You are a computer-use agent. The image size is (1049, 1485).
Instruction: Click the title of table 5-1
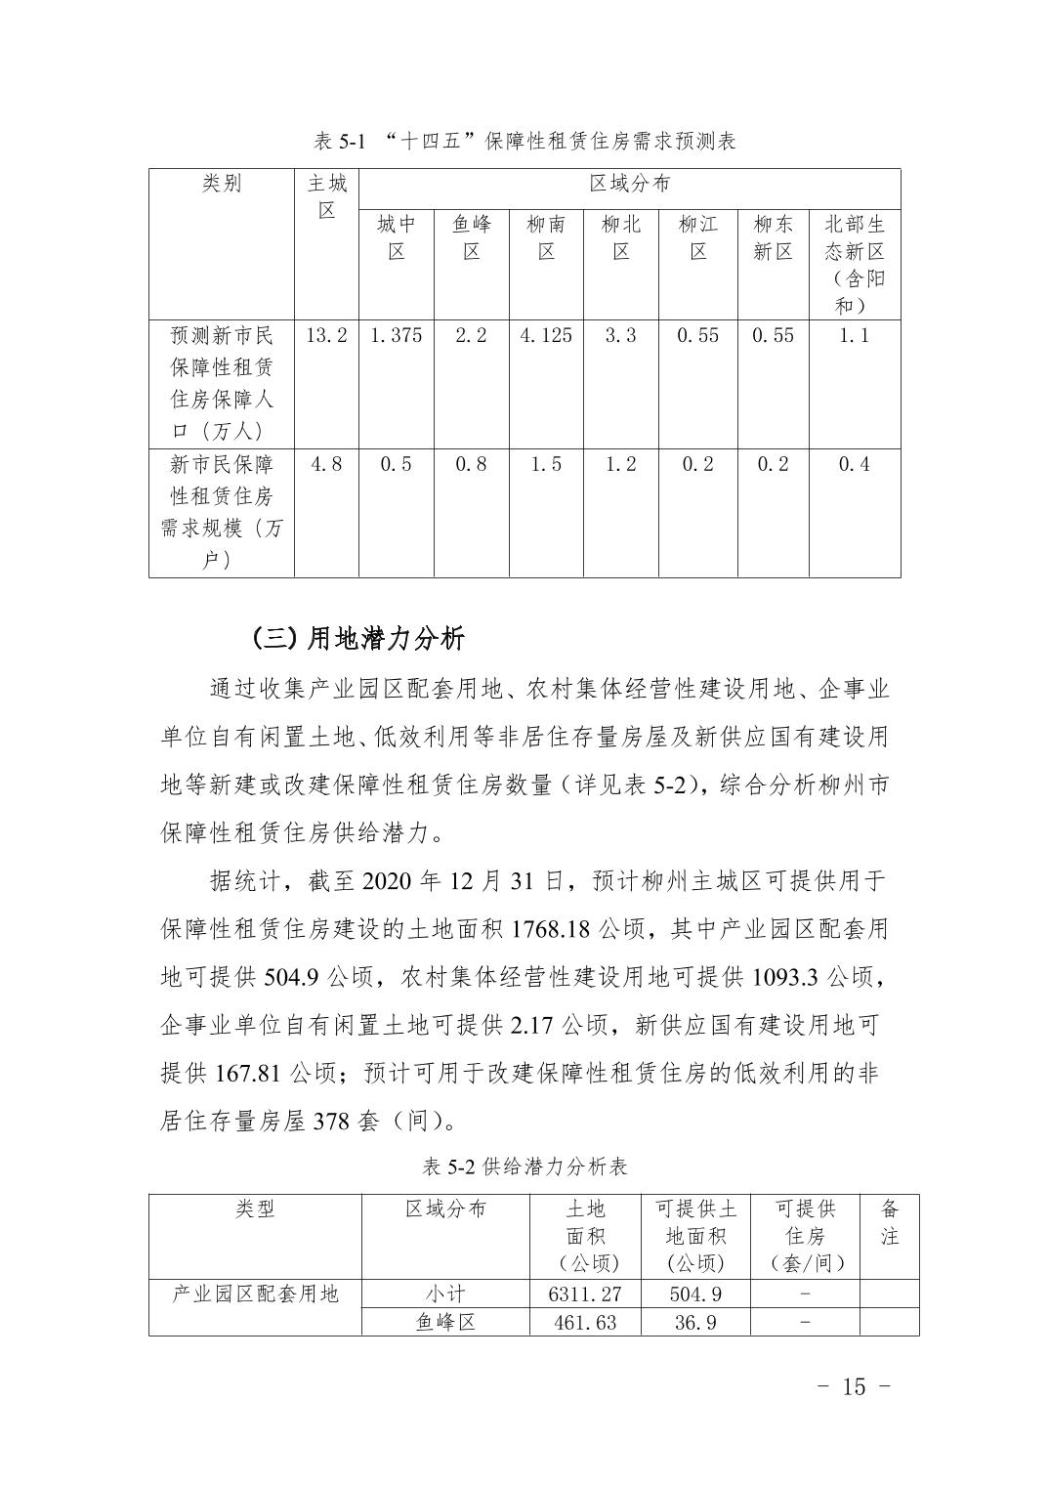coord(524,142)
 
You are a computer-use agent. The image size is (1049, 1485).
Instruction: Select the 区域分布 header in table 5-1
coord(629,184)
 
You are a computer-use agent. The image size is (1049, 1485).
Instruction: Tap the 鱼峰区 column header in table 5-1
coord(471,237)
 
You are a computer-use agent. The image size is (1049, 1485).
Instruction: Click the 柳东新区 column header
coord(772,237)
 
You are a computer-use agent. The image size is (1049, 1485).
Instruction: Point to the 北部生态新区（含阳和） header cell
coord(854,264)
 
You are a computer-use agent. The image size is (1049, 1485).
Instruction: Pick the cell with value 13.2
coord(326,335)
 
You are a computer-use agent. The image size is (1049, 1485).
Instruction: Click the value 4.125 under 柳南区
coord(546,335)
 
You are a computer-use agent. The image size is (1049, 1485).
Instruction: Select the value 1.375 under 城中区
coord(396,335)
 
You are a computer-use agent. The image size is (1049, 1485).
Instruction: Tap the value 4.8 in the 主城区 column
coord(326,464)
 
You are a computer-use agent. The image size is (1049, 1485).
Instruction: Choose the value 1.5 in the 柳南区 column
coord(546,464)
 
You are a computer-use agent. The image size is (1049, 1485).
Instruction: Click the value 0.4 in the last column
coord(854,464)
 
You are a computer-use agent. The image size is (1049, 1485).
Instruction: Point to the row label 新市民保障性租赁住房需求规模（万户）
coord(222,512)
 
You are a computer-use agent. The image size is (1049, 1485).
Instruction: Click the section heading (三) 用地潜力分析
coord(357,639)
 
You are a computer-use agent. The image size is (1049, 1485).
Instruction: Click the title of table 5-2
coord(524,1167)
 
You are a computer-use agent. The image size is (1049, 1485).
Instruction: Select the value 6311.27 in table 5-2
coord(585,1294)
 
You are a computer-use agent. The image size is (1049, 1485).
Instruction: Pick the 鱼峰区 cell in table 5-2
coord(444,1323)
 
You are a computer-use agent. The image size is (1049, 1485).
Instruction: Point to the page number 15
coord(853,1386)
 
